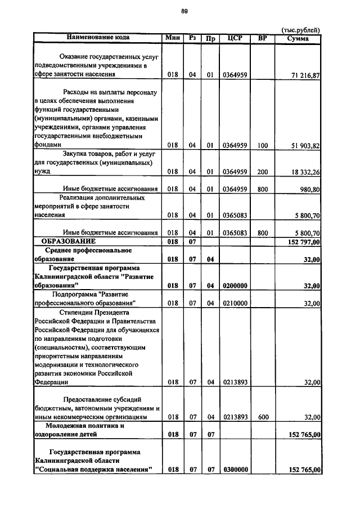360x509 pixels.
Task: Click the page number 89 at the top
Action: click(x=184, y=11)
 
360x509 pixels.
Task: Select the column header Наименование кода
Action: click(x=98, y=38)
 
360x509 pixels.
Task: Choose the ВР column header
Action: click(x=262, y=38)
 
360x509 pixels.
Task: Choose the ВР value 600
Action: click(x=262, y=417)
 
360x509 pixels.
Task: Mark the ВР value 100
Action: click(x=262, y=145)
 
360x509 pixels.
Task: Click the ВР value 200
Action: click(x=262, y=173)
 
